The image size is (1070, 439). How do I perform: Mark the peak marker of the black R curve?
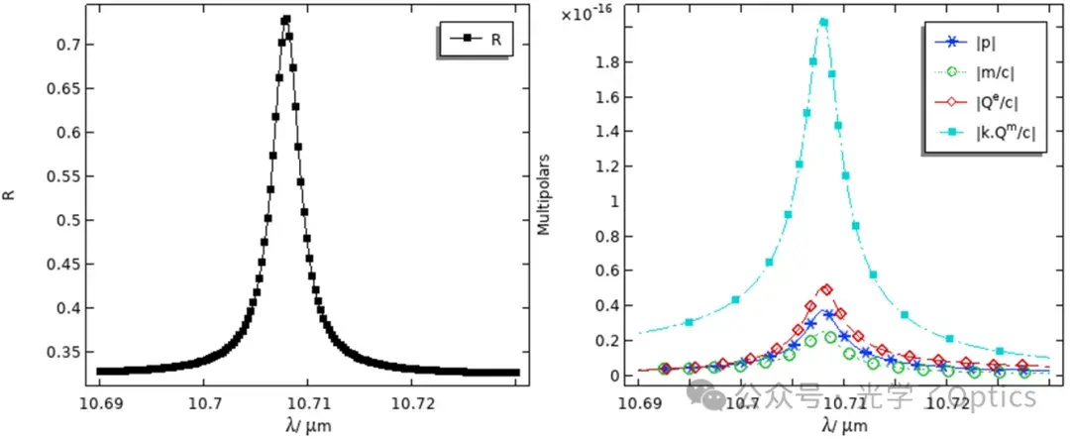tap(285, 19)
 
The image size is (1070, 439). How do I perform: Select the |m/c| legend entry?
tap(968, 72)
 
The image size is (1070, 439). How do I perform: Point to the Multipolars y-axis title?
tap(543, 196)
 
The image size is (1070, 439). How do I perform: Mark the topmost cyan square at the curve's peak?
tap(823, 22)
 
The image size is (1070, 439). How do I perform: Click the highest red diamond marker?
tap(826, 289)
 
